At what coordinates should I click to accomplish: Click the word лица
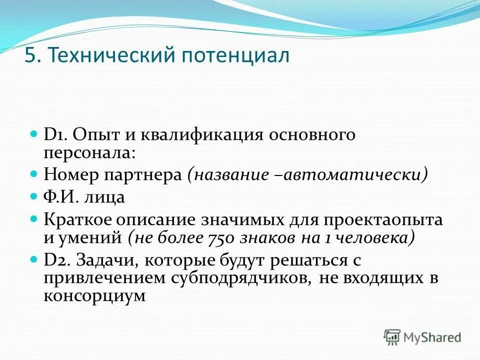[106, 197]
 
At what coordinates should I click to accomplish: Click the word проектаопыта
[389, 220]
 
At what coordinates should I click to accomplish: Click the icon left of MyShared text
[392, 337]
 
